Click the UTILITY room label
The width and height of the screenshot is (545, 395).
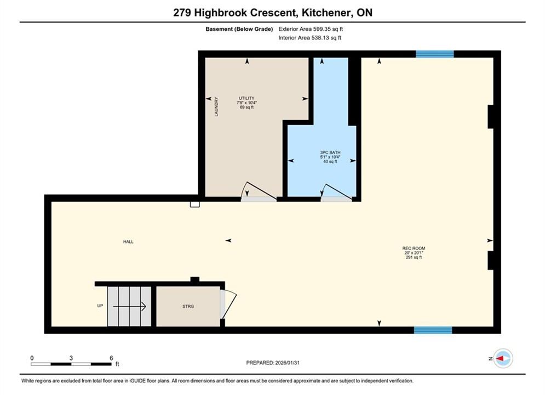click(x=246, y=98)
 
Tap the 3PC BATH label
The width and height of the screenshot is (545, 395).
click(x=330, y=153)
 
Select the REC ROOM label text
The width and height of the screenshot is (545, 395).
click(x=414, y=248)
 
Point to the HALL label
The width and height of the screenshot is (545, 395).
click(x=128, y=241)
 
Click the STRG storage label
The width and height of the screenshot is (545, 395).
click(x=188, y=306)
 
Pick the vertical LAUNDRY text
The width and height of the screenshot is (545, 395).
click(x=216, y=106)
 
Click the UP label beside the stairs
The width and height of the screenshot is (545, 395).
click(x=100, y=306)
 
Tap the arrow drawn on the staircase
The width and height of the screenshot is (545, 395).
click(x=129, y=307)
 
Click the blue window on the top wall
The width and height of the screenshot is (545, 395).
click(x=435, y=54)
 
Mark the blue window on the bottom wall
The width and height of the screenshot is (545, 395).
click(x=433, y=330)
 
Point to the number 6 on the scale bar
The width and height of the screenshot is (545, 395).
click(x=111, y=358)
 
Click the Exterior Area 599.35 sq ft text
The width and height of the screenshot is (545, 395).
click(x=311, y=29)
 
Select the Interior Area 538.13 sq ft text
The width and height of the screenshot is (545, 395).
click(x=309, y=38)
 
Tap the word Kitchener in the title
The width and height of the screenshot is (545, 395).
click(x=326, y=13)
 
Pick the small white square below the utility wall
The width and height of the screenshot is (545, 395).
click(x=194, y=204)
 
